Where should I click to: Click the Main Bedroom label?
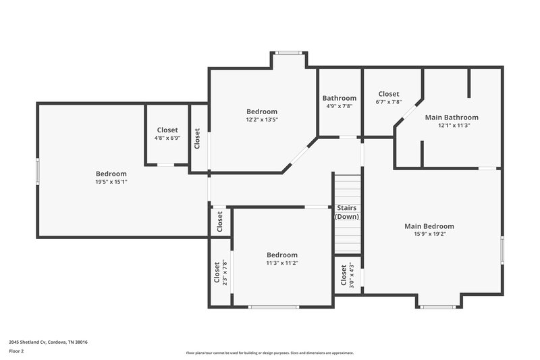429,226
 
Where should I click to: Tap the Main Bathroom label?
452,117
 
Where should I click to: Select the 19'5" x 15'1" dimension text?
111,182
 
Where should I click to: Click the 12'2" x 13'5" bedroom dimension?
261,120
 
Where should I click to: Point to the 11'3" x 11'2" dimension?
281,263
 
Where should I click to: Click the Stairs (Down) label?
347,212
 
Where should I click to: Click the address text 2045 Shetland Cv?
48,342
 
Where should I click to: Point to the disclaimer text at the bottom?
269,353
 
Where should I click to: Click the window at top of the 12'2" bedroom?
289,53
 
